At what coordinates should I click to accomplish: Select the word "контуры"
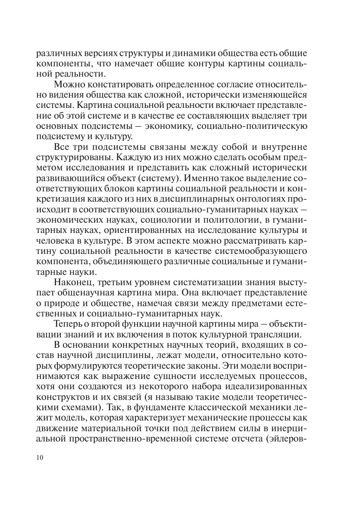click(x=218, y=64)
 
